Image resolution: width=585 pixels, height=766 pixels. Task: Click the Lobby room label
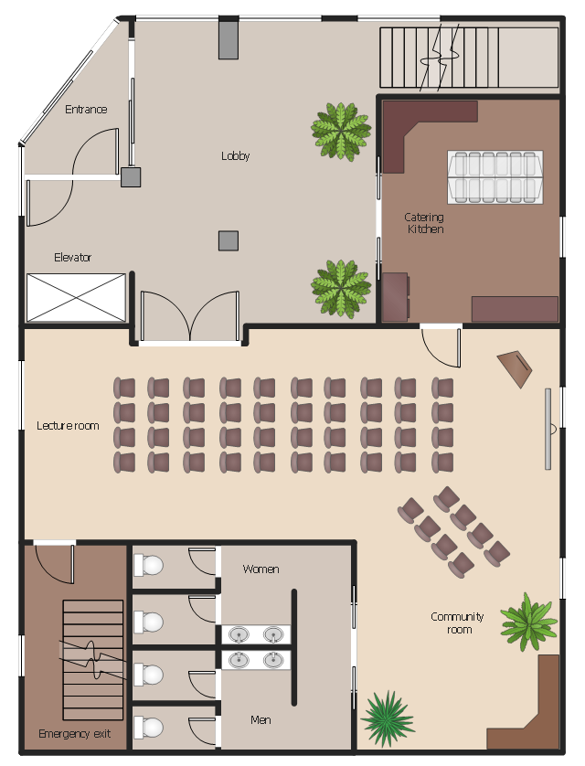[x=235, y=155]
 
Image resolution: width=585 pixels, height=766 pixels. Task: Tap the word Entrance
[x=86, y=109]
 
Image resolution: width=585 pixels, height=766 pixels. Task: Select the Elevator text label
[x=72, y=257]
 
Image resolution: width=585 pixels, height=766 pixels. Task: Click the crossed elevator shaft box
[x=76, y=297]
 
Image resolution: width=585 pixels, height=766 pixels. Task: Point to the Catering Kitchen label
[x=424, y=223]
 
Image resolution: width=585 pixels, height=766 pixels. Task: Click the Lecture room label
[x=68, y=425]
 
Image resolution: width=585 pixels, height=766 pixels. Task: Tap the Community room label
[x=458, y=622]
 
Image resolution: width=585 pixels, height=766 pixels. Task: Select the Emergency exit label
[x=75, y=733]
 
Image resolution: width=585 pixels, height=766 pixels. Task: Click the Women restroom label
[x=261, y=569]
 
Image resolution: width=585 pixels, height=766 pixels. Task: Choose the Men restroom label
[x=261, y=719]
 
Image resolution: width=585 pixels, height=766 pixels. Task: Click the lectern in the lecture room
[x=516, y=369]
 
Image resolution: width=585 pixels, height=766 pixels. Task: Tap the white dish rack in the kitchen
[x=495, y=176]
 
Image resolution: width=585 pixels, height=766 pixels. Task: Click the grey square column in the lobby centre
[x=228, y=240]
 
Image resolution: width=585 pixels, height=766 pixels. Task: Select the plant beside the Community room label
[x=528, y=622]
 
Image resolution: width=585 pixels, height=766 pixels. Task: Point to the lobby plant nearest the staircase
[x=341, y=131]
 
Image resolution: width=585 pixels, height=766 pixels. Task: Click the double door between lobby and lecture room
[x=189, y=316]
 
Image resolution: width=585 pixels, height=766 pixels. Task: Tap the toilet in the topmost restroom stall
[x=148, y=565]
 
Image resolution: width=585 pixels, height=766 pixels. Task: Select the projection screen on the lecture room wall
[x=548, y=429]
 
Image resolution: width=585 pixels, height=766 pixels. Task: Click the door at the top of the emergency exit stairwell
[x=55, y=562]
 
